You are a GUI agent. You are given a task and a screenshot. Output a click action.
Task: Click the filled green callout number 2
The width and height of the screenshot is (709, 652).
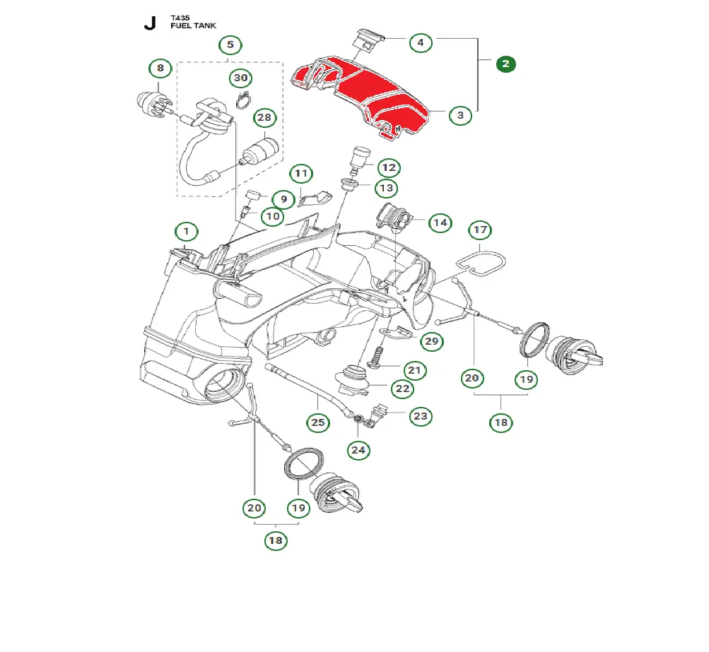pyautogui.click(x=505, y=64)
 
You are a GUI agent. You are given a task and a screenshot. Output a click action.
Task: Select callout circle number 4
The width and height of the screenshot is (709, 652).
pyautogui.click(x=421, y=42)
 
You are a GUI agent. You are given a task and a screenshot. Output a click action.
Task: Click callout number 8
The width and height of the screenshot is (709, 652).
pyautogui.click(x=160, y=69)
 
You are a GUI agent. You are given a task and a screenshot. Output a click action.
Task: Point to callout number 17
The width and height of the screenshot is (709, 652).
pyautogui.click(x=481, y=230)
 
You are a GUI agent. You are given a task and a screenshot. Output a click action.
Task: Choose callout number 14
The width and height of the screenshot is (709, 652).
pyautogui.click(x=440, y=223)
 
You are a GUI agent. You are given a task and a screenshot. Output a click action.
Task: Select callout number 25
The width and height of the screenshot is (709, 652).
pyautogui.click(x=318, y=423)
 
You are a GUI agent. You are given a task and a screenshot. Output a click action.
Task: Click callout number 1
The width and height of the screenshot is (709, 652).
pyautogui.click(x=187, y=231)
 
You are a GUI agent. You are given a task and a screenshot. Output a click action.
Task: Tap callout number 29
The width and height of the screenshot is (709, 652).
pyautogui.click(x=431, y=342)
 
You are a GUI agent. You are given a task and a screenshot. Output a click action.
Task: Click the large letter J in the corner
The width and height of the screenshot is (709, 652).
pyautogui.click(x=149, y=23)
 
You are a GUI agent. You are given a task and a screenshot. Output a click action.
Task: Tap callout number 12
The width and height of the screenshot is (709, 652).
pyautogui.click(x=388, y=168)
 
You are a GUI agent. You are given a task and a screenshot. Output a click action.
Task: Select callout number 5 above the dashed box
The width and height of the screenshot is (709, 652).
pyautogui.click(x=230, y=45)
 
